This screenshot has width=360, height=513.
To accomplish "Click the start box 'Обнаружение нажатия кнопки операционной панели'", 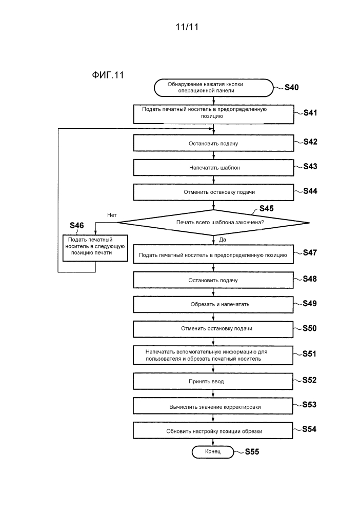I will tap(212, 88).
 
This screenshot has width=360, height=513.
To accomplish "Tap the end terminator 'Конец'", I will tap(212, 452).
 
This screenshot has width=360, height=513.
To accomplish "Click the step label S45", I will tap(267, 208).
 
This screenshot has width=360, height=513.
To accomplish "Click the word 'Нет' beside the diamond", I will tap(113, 214).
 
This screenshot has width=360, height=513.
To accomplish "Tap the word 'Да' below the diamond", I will tap(223, 240).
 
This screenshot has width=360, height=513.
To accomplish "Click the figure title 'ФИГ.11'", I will tap(107, 75).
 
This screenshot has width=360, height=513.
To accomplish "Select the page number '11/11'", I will tap(180, 28).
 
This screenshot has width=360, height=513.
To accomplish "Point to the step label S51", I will tap(310, 353).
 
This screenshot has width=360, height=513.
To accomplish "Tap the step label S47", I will tap(310, 252).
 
